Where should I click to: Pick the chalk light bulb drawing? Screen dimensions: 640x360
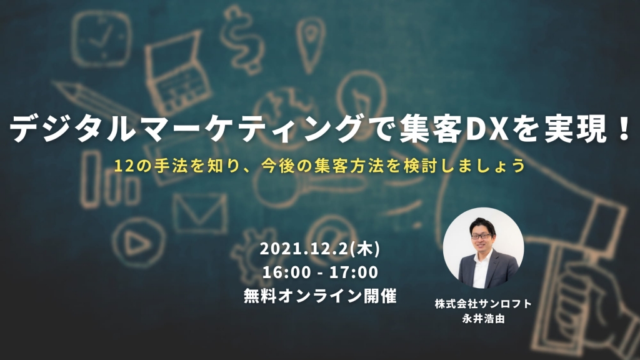click(x=362, y=95)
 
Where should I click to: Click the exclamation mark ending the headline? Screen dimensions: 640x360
click(x=624, y=128)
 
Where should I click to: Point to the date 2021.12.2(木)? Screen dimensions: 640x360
click(x=319, y=249)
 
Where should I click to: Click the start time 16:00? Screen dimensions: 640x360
click(x=286, y=272)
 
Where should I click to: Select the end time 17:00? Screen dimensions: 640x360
click(x=354, y=272)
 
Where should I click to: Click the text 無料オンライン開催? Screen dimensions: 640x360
click(x=320, y=296)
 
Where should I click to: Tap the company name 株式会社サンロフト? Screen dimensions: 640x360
click(x=483, y=304)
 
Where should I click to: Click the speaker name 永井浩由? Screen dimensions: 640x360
click(x=483, y=318)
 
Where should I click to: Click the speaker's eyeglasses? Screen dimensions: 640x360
click(x=481, y=236)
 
